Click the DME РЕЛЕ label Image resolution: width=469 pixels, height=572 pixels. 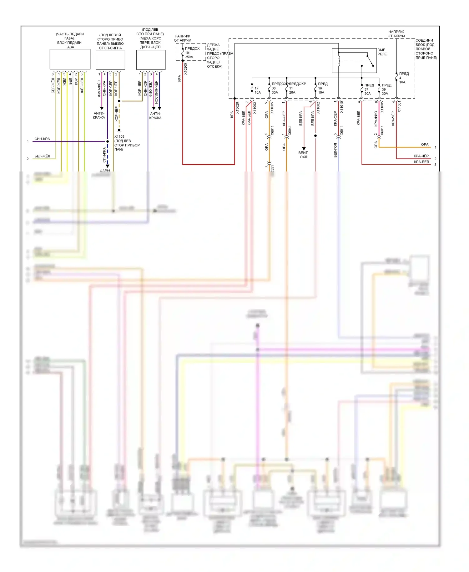[x=382, y=52]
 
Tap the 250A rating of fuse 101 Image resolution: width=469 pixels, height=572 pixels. [x=189, y=57]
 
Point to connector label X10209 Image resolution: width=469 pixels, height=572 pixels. [x=185, y=69]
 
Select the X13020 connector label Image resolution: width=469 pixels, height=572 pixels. [x=237, y=108]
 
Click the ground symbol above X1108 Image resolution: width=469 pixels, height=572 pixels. [x=119, y=130]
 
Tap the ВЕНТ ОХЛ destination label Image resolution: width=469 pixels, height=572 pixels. [x=303, y=155]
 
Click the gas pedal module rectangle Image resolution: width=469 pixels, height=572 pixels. [x=70, y=59]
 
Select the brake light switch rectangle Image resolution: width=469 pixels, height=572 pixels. [x=110, y=60]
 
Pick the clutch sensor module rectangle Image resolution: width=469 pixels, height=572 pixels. [x=151, y=60]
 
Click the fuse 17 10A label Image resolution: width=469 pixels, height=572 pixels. [x=257, y=90]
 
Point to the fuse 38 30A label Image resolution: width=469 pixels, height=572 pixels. [x=275, y=90]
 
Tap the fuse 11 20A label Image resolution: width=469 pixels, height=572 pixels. [x=292, y=90]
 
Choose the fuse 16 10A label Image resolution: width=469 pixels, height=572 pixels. [x=321, y=90]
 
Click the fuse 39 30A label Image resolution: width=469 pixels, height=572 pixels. [x=385, y=91]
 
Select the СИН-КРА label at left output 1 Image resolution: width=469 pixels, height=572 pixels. [x=42, y=139]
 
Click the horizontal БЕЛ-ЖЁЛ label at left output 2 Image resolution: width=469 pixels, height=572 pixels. [x=42, y=156]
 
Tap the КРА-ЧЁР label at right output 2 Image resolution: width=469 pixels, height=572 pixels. [x=421, y=156]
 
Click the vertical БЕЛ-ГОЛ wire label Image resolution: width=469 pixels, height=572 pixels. [x=335, y=150]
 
